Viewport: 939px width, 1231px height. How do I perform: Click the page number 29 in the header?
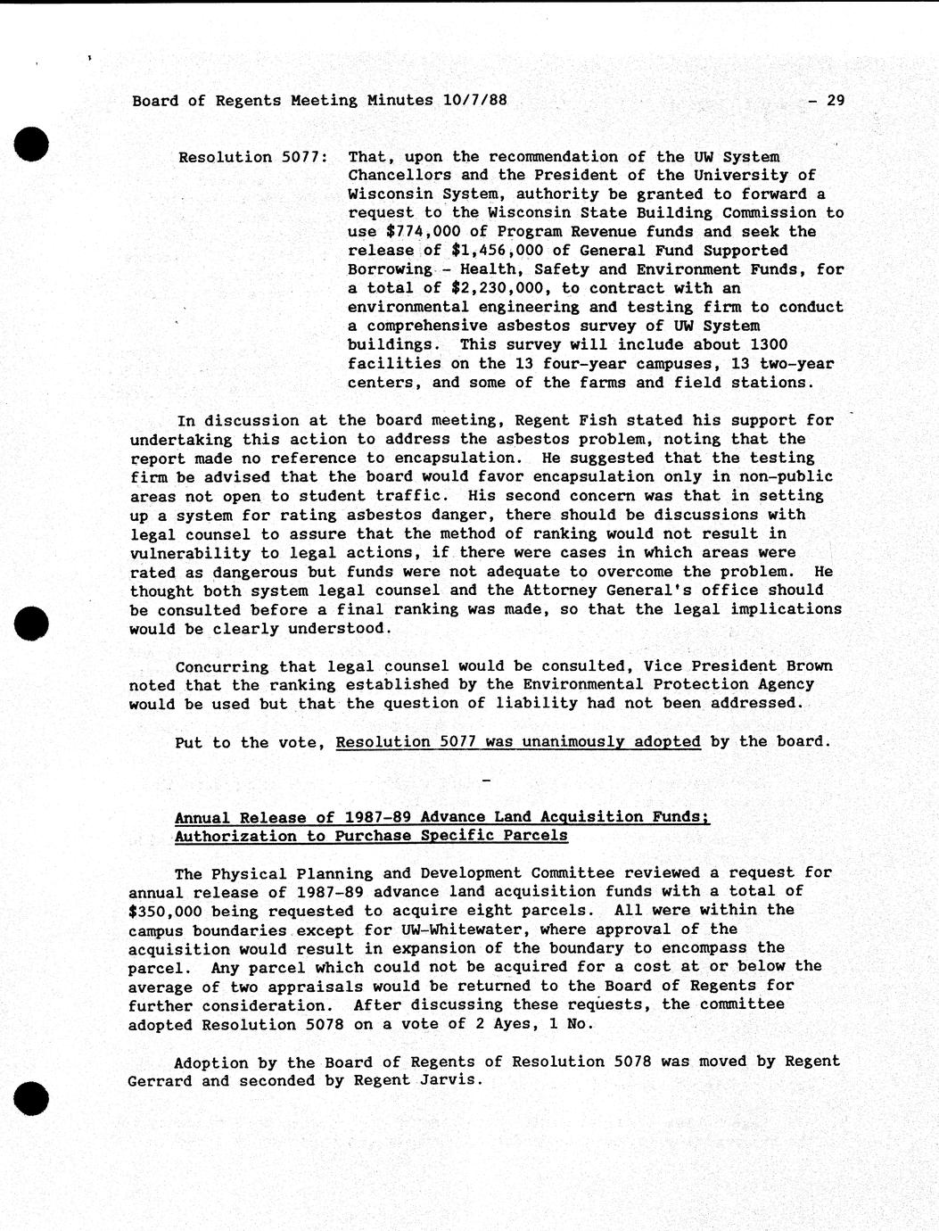[x=835, y=101]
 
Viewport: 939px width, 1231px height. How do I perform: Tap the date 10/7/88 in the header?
[x=474, y=101]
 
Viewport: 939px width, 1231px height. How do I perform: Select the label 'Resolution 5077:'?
[x=253, y=158]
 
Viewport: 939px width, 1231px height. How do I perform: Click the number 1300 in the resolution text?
[x=770, y=344]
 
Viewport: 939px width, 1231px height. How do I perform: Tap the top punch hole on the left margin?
[x=29, y=143]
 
